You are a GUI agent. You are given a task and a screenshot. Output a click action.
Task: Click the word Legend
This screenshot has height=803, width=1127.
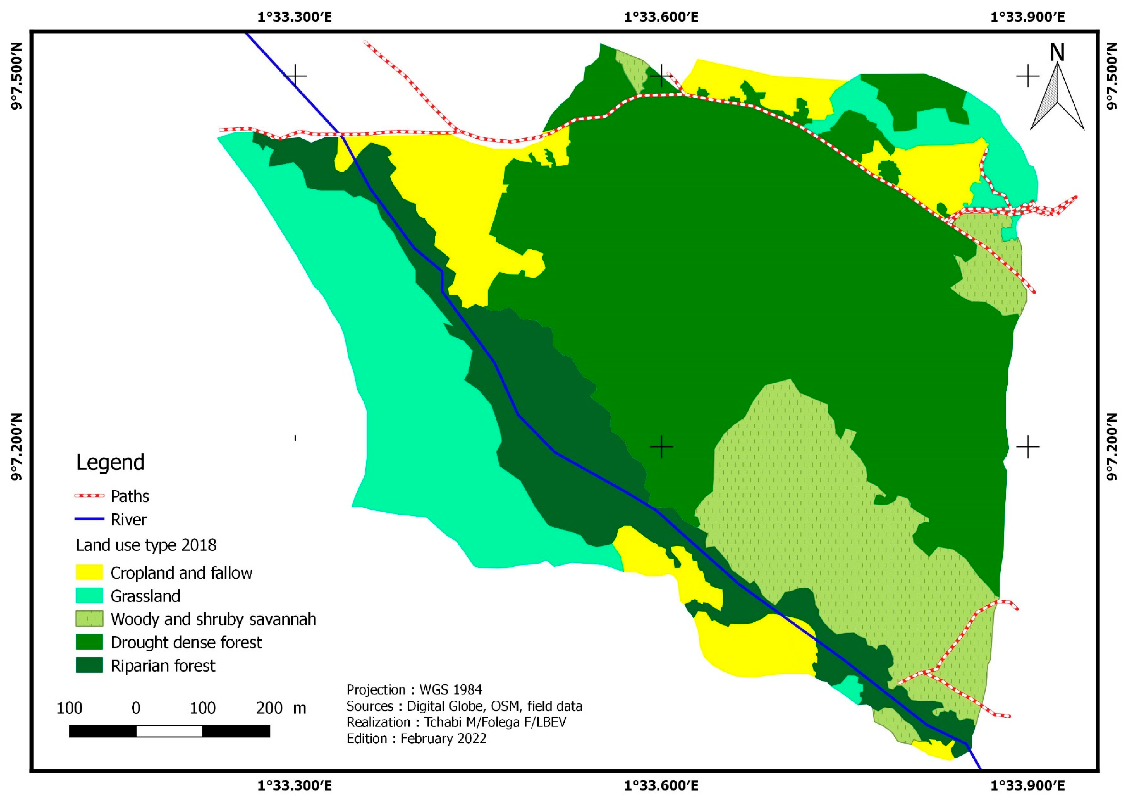pos(110,462)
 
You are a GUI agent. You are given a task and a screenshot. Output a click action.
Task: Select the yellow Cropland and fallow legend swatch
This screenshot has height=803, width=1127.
pos(89,572)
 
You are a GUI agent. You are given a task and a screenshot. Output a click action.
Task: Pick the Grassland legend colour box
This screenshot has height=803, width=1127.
pos(89,596)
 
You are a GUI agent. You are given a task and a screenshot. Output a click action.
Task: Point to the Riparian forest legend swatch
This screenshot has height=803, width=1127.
pos(89,666)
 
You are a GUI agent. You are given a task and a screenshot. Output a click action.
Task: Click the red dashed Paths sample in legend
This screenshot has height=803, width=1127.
pos(89,495)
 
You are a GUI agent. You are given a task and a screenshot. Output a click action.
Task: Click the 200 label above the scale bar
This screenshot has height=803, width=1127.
pos(269,708)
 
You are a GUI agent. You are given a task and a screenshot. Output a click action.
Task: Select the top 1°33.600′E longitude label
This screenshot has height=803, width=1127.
pos(661,17)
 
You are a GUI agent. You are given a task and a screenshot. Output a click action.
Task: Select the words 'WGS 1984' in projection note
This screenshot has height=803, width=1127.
pos(450,690)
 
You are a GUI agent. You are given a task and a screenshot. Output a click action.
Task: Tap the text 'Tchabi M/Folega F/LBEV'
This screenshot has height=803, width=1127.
pos(495,722)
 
